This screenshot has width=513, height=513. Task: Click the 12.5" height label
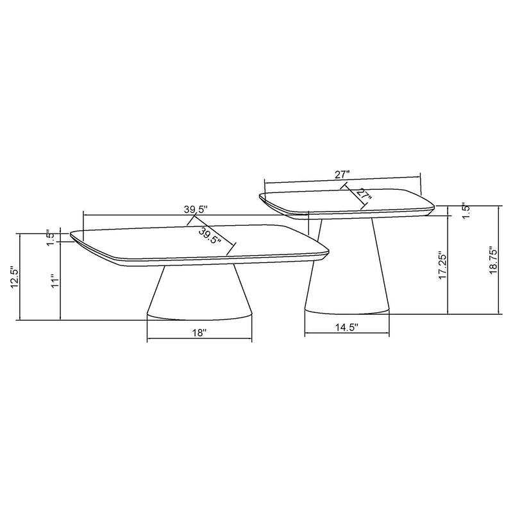coord(13,276)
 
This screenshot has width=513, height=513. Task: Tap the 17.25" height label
coord(441,265)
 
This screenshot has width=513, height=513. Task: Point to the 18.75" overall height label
coord(492,260)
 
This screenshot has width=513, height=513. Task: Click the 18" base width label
coord(199,333)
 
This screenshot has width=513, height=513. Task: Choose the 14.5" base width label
coord(346,327)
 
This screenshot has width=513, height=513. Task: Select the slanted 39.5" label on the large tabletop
coord(210,236)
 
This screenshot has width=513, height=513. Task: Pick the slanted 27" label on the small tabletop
coord(363,195)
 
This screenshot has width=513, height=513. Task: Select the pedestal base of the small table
coord(346,276)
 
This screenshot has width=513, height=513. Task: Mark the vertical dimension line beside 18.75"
coord(500,260)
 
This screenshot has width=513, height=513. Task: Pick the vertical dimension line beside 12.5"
coord(21,276)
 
